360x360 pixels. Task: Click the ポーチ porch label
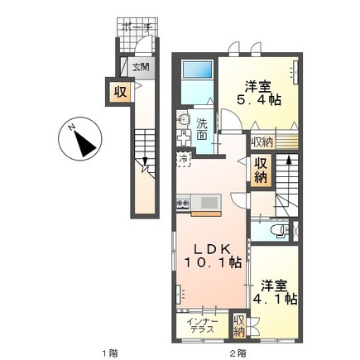tap(137, 27)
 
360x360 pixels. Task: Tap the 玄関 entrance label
tap(141, 67)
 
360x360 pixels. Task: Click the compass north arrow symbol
tap(84, 142)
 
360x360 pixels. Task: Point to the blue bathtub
tap(197, 70)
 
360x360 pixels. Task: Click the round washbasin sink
tap(183, 119)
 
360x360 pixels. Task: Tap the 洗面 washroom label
tap(202, 129)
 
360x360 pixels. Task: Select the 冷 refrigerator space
tap(184, 159)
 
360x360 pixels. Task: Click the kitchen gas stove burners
tap(183, 204)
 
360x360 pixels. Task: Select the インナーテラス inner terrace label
tap(203, 326)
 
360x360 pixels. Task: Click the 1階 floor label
tap(110, 353)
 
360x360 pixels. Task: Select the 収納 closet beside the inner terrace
tap(239, 325)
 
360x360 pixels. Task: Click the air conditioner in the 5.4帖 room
tap(295, 72)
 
